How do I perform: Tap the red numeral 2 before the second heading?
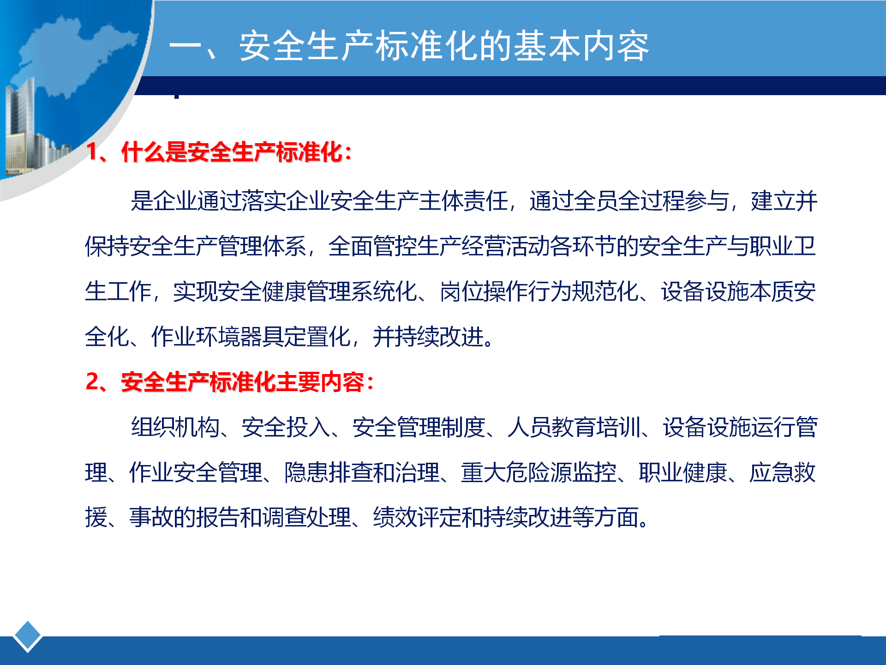point(92,382)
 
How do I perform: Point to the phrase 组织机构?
point(175,427)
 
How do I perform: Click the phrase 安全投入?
point(286,427)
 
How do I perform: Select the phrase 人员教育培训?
point(574,427)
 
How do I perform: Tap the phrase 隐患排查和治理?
point(362,472)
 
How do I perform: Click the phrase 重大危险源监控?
point(539,472)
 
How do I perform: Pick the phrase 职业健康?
point(683,472)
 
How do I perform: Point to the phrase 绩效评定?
point(417,517)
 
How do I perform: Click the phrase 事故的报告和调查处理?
point(240,517)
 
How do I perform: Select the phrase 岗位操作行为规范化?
point(539,291)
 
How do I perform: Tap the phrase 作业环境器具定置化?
point(251,336)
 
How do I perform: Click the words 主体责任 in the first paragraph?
point(463,201)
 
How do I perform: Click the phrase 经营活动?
point(505,246)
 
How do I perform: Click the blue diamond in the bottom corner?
point(28,636)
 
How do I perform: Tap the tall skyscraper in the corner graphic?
point(21,125)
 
